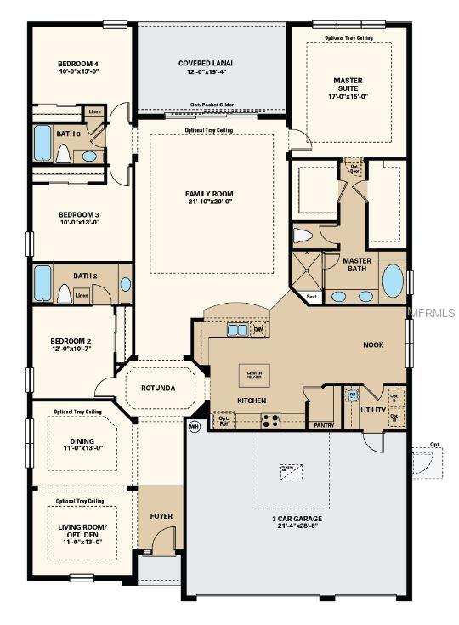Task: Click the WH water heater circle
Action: coord(194,427)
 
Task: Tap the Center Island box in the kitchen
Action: coord(253,373)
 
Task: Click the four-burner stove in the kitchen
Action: coord(270,419)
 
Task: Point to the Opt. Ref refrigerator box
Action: coord(224,419)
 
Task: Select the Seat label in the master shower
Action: coord(311,297)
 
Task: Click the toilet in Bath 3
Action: coord(62,153)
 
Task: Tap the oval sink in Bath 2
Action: coord(126,284)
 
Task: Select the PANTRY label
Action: coord(323,424)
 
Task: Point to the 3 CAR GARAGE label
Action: coord(297,518)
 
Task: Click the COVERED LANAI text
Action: coord(206,64)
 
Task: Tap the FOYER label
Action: coord(161,515)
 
